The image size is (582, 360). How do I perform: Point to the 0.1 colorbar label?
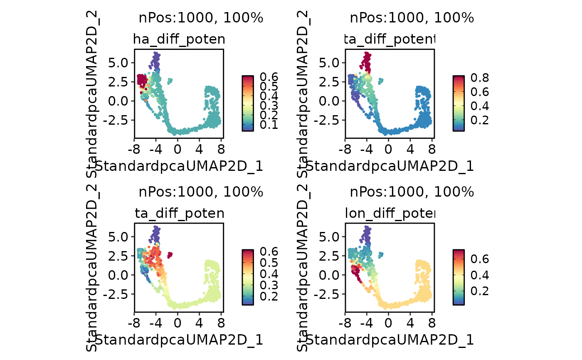tap(269, 125)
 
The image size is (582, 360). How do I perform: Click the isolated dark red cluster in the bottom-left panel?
tap(170, 254)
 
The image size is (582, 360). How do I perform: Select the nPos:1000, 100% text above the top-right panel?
tap(412, 18)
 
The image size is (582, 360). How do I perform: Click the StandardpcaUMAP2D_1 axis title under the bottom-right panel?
tap(390, 340)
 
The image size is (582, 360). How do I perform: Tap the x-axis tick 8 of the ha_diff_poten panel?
tap(220, 148)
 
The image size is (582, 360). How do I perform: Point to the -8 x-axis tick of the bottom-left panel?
tap(134, 323)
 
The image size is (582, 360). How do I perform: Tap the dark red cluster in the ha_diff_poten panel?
tap(142, 79)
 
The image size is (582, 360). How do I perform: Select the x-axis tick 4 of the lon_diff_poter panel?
tap(410, 323)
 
